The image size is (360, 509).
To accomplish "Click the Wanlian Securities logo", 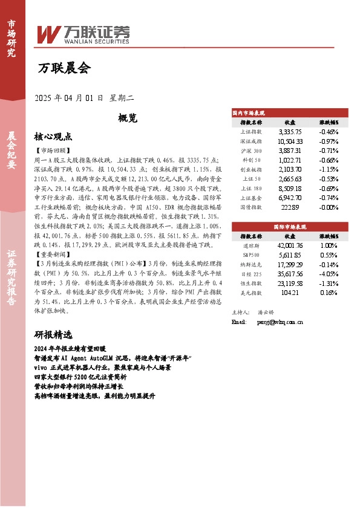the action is [x=83, y=33].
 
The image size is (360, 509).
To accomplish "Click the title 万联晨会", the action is [x=64, y=68].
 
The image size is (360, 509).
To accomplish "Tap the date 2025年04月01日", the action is [x=70, y=97].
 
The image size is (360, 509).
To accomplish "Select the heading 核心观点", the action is [x=53, y=137].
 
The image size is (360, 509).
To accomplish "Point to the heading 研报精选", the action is [x=53, y=334].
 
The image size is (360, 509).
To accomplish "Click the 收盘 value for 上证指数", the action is [x=290, y=131].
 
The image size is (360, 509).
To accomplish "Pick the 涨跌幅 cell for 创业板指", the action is [x=329, y=170].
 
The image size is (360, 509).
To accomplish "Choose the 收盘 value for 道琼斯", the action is [x=290, y=245].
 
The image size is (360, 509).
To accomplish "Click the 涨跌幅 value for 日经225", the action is [x=329, y=274].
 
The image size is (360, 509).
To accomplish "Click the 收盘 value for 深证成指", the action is [x=290, y=141].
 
